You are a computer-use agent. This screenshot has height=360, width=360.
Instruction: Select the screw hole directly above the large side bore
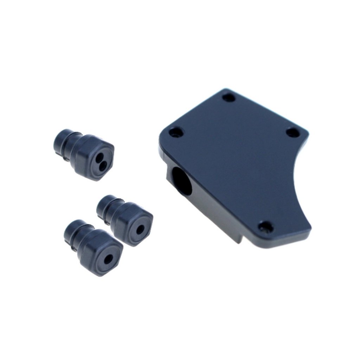coord(176,133)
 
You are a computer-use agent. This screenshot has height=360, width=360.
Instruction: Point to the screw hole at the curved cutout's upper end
coord(292,133)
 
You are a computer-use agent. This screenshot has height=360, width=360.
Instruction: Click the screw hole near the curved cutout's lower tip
coord(265,227)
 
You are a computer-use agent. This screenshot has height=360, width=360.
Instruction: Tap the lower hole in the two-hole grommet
coord(101,163)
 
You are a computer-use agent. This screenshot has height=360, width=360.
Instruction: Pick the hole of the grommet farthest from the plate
coord(109,260)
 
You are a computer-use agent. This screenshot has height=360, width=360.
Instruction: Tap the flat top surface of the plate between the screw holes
coord(232,158)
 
